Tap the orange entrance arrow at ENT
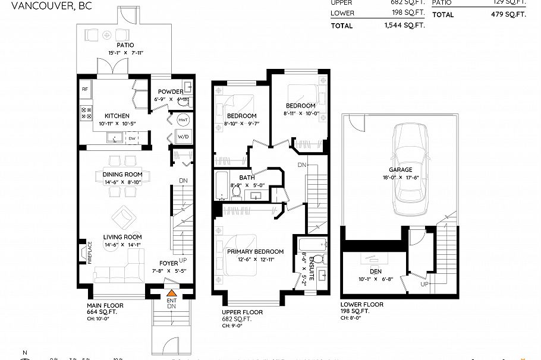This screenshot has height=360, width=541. coord(171,292)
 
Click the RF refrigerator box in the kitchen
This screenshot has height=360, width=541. coord(85,89)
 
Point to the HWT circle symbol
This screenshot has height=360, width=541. coord(183,119)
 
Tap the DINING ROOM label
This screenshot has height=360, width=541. coord(122,174)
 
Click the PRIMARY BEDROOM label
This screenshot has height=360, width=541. coord(255,251)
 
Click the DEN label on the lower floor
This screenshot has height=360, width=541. coord(375,271)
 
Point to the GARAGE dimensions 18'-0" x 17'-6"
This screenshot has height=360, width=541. coord(400,178)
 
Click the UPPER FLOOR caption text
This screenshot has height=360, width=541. coord(242,312)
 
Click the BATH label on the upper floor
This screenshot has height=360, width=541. coord(247,178)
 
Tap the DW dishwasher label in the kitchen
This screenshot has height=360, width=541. coord(131,138)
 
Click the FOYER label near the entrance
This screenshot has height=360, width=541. coord(168,263)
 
